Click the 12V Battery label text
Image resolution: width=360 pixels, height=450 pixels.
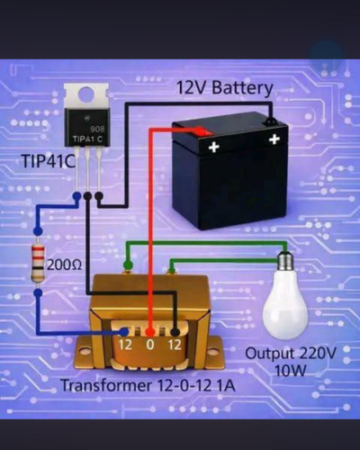point(224,87)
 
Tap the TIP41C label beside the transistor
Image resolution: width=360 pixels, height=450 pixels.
point(48,162)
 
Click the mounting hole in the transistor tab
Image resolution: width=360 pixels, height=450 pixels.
point(86,94)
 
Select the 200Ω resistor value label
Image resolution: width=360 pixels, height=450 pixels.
point(64,265)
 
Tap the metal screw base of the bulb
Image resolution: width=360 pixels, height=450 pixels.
point(285,260)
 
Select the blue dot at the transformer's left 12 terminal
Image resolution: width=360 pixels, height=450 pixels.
point(124,332)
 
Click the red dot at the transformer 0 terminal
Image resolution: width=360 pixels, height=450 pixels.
point(150,332)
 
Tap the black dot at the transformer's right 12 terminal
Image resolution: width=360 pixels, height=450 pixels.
point(175,332)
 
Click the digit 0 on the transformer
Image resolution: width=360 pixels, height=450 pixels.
point(150,345)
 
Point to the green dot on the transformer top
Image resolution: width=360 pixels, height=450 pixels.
point(128,265)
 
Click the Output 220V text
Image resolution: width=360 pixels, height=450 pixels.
point(291,353)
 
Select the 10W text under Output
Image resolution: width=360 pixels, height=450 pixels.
point(291,371)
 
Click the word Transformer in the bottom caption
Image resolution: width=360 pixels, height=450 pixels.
point(106,385)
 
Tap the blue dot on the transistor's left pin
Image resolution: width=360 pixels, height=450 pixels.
point(77,196)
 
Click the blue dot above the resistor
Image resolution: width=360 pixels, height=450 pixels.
point(38,231)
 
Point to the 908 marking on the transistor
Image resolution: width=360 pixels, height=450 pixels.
point(97,129)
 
